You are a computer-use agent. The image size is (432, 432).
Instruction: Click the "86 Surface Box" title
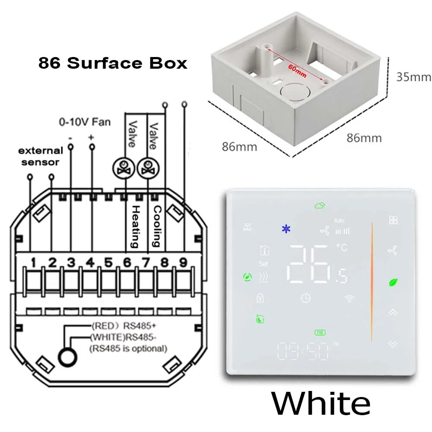point(113,63)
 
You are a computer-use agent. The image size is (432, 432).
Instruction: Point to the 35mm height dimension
point(413,77)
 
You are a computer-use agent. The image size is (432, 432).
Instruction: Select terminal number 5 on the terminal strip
point(108,262)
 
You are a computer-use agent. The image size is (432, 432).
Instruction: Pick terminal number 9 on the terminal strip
point(184,262)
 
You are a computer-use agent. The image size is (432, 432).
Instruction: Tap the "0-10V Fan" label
point(85,122)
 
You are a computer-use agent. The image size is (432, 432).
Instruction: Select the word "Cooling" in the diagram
point(157,226)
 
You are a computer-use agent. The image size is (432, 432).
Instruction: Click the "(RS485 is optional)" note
point(128,348)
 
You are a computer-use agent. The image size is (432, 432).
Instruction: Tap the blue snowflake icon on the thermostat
point(286,229)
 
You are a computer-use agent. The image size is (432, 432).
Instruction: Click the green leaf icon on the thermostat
point(393,283)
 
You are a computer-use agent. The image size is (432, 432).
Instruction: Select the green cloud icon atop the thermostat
point(320,206)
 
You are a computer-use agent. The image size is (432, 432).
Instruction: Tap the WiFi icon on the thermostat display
point(349,298)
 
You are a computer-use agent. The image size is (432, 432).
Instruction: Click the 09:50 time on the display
point(303,352)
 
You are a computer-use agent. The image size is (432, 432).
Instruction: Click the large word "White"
point(321,404)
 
